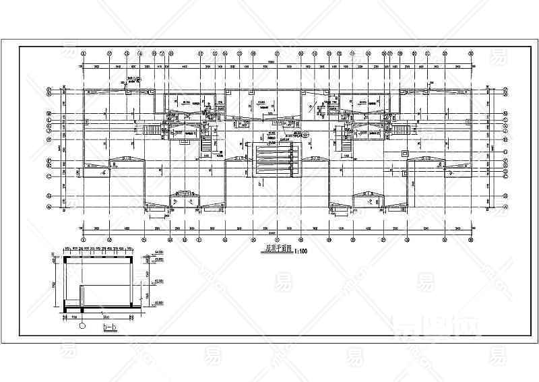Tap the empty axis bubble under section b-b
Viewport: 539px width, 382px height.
coord(83,325)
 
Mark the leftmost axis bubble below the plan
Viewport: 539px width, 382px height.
coord(83,238)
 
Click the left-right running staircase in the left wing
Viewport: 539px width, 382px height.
coord(152,129)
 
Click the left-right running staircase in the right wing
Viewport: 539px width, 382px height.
coord(402,129)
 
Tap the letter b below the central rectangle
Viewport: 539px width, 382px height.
coord(258,183)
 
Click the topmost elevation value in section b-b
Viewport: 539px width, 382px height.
coord(159,251)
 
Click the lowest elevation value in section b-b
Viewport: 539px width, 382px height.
coord(159,303)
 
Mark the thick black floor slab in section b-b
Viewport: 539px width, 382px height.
coord(101,311)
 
